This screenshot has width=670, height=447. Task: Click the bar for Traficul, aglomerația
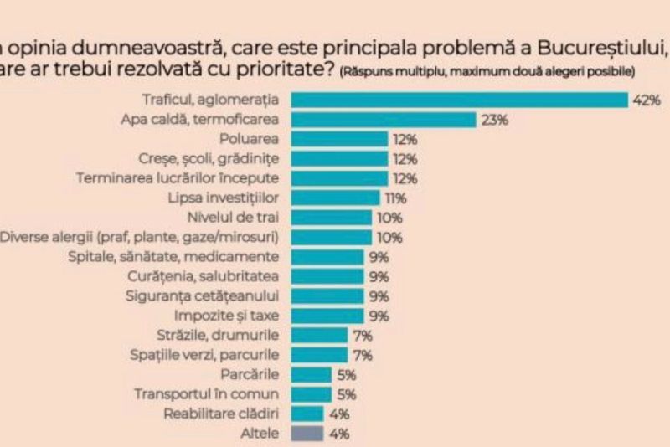[459, 100]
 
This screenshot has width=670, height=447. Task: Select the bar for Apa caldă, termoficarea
[383, 120]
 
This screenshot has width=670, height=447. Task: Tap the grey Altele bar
[307, 434]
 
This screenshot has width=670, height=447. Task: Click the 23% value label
[495, 120]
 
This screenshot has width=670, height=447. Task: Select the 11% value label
[395, 198]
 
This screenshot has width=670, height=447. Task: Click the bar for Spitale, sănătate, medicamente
[327, 257]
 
